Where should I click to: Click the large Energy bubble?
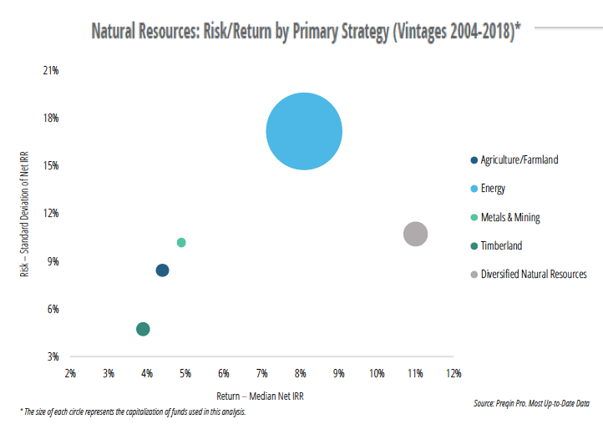pyautogui.click(x=304, y=131)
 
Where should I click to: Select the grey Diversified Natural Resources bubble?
pyautogui.click(x=415, y=235)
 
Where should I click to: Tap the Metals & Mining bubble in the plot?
pyautogui.click(x=181, y=242)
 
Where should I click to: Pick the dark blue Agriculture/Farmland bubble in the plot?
pyautogui.click(x=162, y=270)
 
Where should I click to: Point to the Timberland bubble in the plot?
pyautogui.click(x=143, y=329)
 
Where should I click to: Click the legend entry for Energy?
pyautogui.click(x=493, y=189)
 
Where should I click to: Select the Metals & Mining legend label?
pyautogui.click(x=510, y=217)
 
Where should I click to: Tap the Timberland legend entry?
pyautogui.click(x=502, y=245)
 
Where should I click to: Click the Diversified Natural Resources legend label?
pyautogui.click(x=534, y=274)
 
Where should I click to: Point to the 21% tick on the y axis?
pyautogui.click(x=51, y=71)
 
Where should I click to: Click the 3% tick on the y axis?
pyautogui.click(x=53, y=356)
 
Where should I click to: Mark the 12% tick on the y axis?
pyautogui.click(x=51, y=214)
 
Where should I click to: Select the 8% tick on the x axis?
pyautogui.click(x=300, y=372)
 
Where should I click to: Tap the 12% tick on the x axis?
pyautogui.click(x=453, y=372)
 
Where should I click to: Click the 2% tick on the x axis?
pyautogui.click(x=70, y=372)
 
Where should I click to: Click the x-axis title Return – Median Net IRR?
pyautogui.click(x=261, y=396)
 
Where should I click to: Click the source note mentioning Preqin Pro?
pyautogui.click(x=531, y=403)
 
